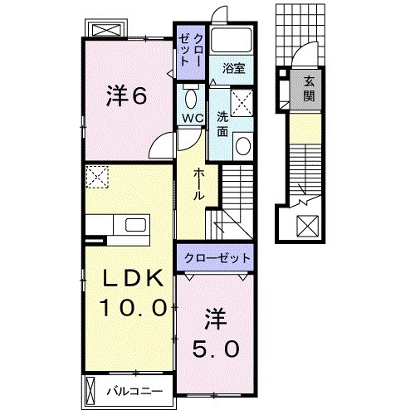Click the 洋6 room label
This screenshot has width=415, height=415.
point(127,96)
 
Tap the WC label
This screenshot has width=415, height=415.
point(193,118)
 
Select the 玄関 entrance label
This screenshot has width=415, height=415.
point(309,88)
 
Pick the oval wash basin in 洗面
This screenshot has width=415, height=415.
point(243,146)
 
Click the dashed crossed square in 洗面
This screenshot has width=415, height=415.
point(242,105)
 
